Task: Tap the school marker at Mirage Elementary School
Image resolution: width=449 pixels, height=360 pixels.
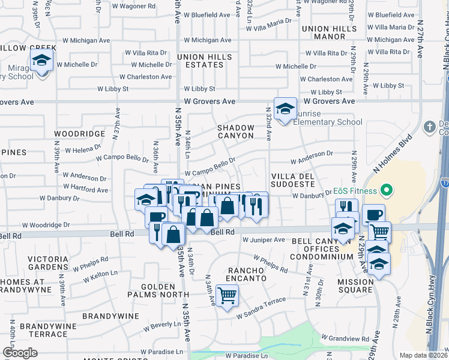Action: click(42, 61)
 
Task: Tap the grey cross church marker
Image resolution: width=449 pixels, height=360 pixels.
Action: click(429, 127)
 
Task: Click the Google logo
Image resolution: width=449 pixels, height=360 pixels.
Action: click(20, 353)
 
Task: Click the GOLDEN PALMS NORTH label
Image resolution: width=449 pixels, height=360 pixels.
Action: click(157, 290)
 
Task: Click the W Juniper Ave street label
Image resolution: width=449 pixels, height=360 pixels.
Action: click(264, 240)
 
